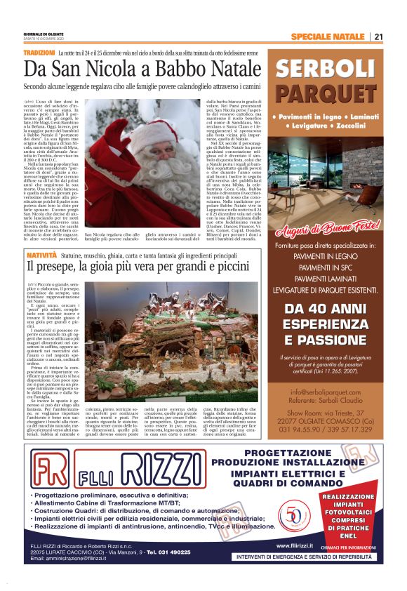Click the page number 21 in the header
click(x=378, y=36)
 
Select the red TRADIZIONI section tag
click(x=39, y=53)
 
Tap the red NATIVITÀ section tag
click(x=41, y=257)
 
